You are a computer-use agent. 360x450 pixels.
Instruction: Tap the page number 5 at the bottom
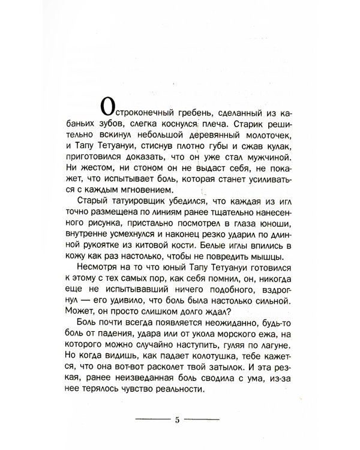[x=178, y=419]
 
